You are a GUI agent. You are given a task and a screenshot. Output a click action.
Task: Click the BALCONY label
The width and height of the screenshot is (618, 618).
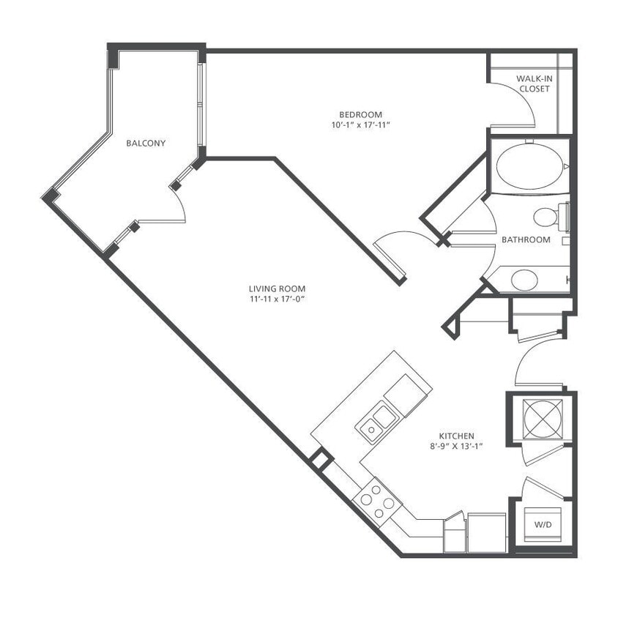(146, 144)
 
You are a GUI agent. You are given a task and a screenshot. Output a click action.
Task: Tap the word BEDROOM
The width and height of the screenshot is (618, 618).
(360, 114)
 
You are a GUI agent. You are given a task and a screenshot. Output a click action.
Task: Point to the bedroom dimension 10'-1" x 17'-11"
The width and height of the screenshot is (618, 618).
(360, 125)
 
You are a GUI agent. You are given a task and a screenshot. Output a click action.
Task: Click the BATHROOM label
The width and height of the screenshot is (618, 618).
(526, 239)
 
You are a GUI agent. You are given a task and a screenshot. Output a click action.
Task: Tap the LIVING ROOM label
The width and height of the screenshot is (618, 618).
(277, 288)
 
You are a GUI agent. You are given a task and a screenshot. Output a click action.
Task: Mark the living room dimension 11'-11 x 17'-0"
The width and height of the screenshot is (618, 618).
(277, 299)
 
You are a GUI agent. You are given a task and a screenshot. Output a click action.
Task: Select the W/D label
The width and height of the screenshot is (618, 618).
(543, 524)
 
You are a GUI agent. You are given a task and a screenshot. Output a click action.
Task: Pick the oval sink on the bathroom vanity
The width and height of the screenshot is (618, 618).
(524, 279)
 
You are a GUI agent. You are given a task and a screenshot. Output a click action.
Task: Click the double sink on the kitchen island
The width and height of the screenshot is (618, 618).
(376, 422)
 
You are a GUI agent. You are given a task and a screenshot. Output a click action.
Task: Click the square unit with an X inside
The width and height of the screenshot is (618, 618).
(542, 417)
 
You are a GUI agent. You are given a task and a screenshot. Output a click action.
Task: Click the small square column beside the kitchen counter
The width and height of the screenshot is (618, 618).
(320, 459)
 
